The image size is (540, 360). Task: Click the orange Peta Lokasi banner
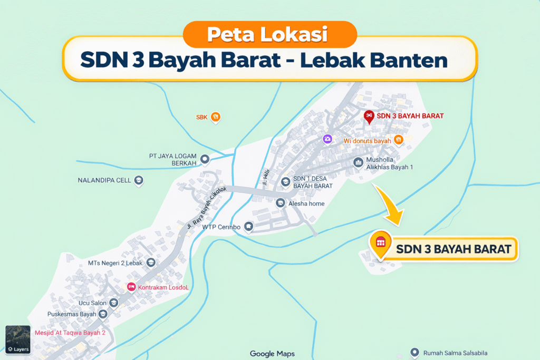(269, 35)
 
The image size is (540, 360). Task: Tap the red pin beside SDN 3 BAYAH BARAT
(369, 116)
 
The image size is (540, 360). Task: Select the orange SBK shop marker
(215, 117)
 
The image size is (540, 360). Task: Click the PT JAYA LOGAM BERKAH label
(173, 160)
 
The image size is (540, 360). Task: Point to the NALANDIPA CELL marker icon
(139, 180)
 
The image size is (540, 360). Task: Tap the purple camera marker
(327, 139)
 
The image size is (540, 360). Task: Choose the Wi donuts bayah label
(367, 141)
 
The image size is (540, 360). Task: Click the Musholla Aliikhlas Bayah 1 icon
(359, 162)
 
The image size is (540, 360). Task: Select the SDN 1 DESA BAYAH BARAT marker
(285, 182)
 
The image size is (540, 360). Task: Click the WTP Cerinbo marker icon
(248, 227)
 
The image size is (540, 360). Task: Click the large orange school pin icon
(380, 243)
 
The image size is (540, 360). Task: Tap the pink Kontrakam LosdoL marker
(131, 287)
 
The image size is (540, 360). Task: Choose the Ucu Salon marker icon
(114, 303)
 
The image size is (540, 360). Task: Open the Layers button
(17, 339)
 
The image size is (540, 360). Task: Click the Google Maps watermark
(272, 354)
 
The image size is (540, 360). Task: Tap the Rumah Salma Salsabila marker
(414, 353)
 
